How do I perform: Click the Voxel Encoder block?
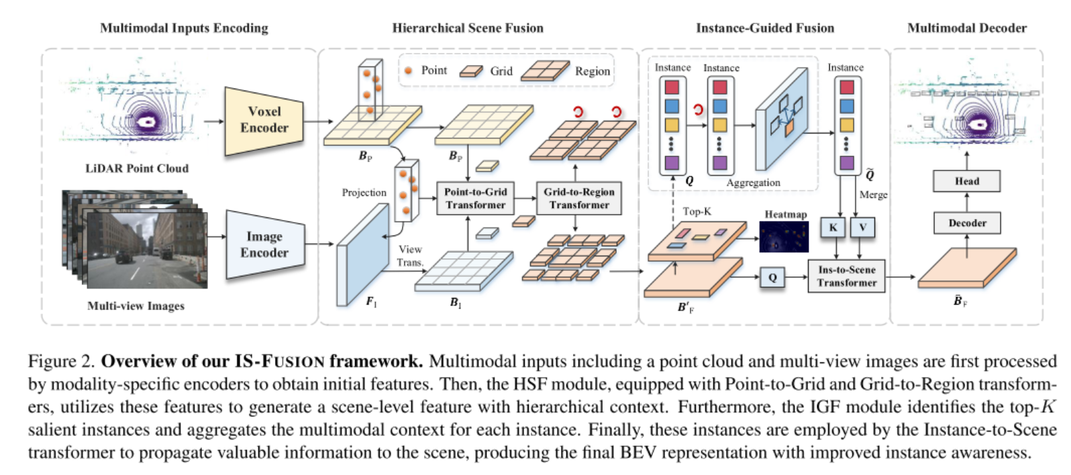coord(264,120)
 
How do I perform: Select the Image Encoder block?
coord(264,244)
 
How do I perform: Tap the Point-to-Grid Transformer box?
coord(475,198)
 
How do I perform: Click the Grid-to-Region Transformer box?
coord(578,198)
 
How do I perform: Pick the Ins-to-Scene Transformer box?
coord(846,276)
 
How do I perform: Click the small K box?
coord(833,227)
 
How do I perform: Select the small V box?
coord(862,227)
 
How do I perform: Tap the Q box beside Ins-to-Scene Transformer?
coord(772,277)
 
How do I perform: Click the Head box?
coord(966,181)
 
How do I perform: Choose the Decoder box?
coord(966,223)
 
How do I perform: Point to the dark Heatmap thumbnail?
coord(784,236)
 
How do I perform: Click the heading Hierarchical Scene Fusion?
coord(468,28)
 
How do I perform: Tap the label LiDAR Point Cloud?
coord(137,168)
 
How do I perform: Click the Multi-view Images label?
coord(136,306)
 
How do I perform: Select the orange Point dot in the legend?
coord(408,70)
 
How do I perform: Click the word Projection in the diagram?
coord(364,193)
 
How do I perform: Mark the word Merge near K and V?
coord(873,195)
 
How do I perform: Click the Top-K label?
coord(697,211)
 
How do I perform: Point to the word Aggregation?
coord(753,182)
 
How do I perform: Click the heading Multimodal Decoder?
coord(966,28)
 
